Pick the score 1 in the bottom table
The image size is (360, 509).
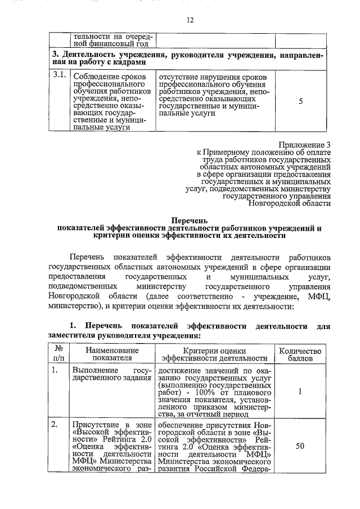click(300, 392)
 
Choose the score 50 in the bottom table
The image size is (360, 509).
click(300, 446)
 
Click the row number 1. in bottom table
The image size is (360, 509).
click(55, 371)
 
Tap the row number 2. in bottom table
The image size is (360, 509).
click(55, 425)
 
